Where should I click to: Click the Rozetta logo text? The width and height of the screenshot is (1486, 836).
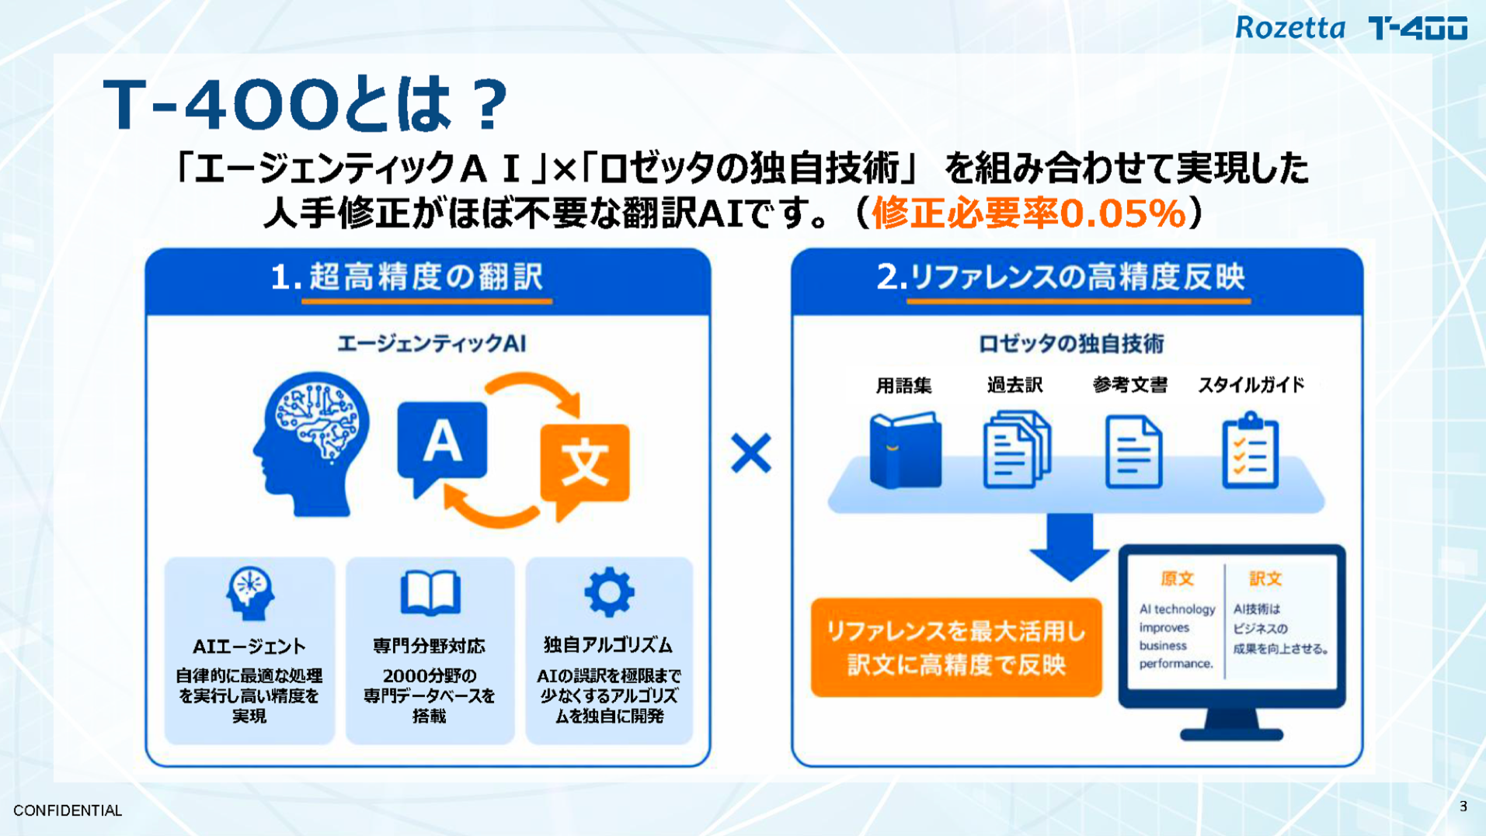click(x=1289, y=28)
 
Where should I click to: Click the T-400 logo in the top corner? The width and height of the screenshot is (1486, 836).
click(x=1418, y=29)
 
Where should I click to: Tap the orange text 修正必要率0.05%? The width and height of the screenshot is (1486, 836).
click(x=1029, y=213)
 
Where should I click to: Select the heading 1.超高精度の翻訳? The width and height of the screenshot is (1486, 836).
click(x=406, y=276)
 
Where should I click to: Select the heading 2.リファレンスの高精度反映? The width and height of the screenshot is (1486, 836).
click(x=1060, y=276)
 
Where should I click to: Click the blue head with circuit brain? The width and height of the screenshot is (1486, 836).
click(x=311, y=443)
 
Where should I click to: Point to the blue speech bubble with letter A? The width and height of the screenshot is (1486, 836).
click(x=441, y=447)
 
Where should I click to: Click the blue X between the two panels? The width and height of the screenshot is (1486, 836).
click(x=750, y=453)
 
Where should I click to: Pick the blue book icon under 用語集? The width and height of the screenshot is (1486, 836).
click(x=905, y=450)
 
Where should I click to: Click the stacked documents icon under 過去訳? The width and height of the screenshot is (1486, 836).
click(x=1017, y=450)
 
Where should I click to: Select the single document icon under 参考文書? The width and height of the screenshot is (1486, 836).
click(x=1133, y=452)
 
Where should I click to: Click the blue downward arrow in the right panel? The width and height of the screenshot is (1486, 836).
click(x=1069, y=547)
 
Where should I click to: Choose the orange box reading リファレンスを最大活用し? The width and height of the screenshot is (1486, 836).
click(x=956, y=647)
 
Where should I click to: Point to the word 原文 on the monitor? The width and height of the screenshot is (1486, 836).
click(x=1177, y=578)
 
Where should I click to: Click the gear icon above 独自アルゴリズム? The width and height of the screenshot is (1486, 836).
click(x=608, y=592)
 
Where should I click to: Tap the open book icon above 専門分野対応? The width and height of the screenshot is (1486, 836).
click(x=430, y=593)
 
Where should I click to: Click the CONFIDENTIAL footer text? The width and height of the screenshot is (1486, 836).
click(x=68, y=810)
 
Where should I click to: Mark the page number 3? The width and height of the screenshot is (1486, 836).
click(x=1463, y=807)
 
